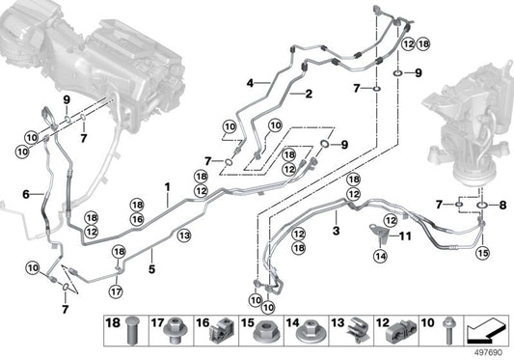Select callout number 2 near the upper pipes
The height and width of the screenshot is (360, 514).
(309, 94)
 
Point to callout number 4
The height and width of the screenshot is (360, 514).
(249, 84)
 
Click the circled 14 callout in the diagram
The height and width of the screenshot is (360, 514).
(381, 255)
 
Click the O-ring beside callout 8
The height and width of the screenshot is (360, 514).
(478, 204)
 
